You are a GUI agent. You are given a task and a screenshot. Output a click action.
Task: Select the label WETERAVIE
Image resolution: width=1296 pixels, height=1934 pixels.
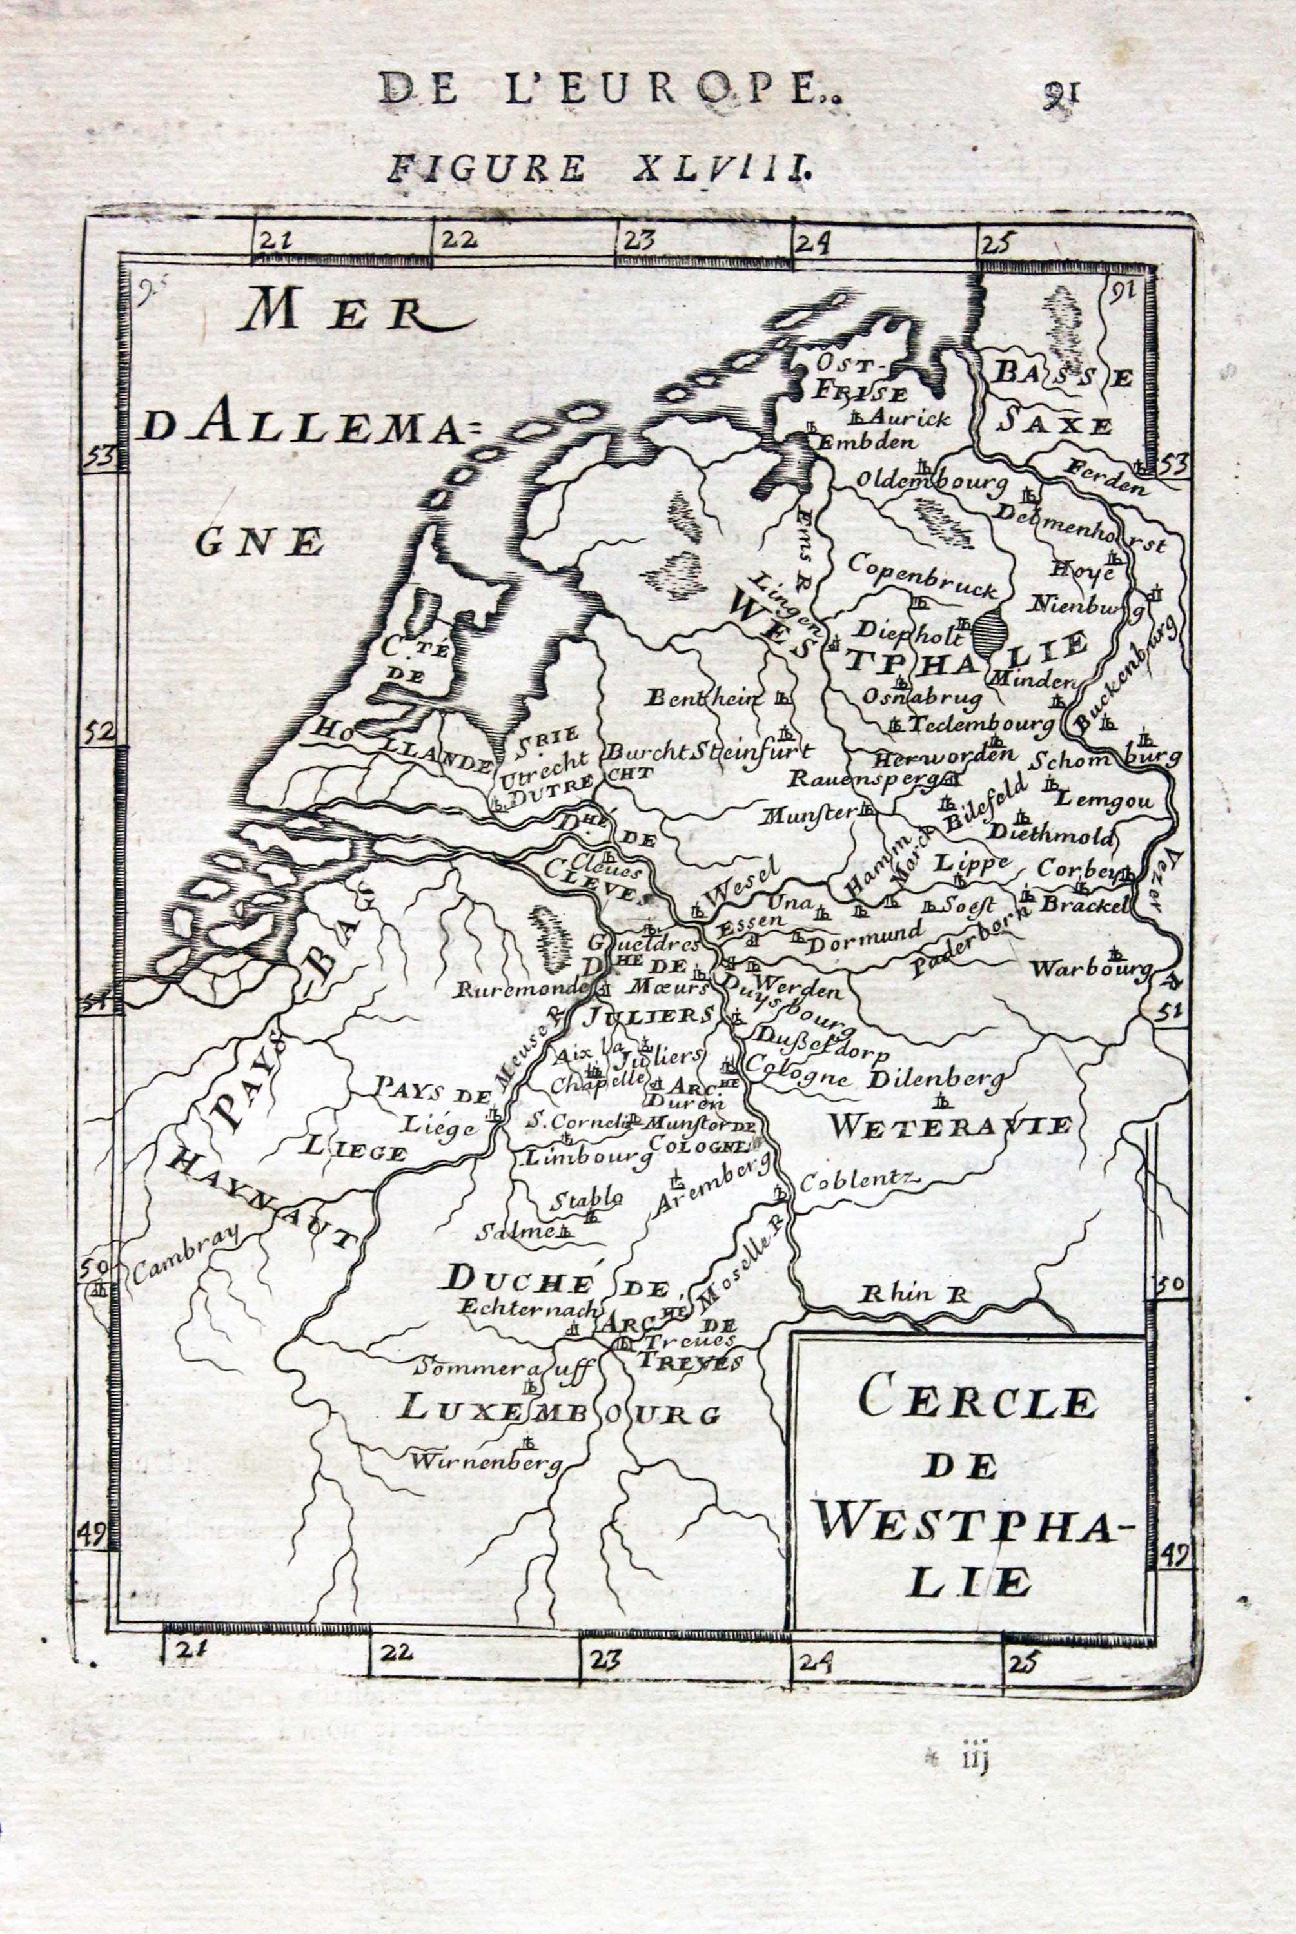pos(950,1125)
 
